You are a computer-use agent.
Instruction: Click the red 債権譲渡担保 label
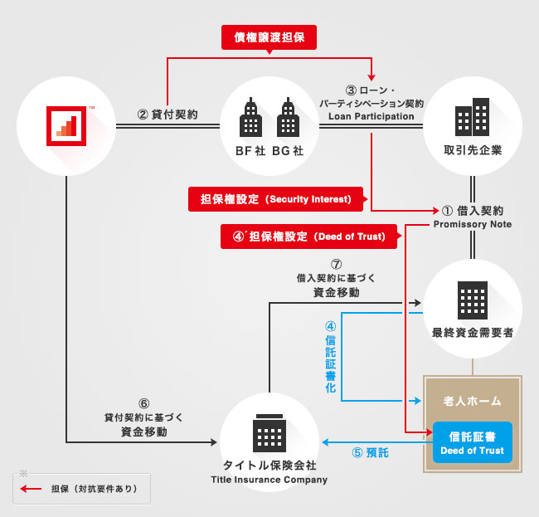(269, 37)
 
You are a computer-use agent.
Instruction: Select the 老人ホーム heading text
(473, 401)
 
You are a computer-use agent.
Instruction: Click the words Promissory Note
(473, 224)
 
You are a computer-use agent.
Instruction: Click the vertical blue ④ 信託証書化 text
(331, 358)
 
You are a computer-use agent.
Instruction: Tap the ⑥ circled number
(132, 404)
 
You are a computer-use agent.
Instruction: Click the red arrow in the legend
(32, 489)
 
